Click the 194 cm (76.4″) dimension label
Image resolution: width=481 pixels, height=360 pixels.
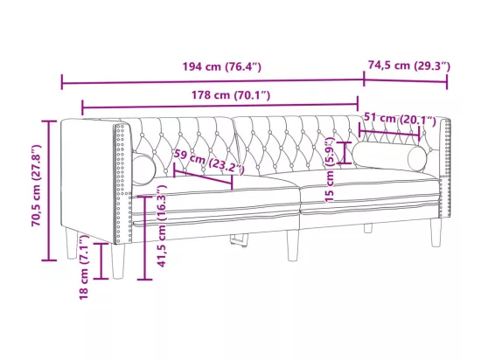coord(222,66)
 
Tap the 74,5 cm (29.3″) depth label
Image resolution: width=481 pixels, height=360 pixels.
coord(409,66)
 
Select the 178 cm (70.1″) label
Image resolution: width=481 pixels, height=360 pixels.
coord(231,95)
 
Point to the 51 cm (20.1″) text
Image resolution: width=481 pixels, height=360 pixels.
coord(400,119)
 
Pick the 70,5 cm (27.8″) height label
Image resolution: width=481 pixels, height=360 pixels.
coord(37,185)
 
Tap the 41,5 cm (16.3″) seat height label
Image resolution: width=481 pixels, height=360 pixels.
coord(162,225)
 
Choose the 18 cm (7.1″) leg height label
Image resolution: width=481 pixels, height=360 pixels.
coord(84,267)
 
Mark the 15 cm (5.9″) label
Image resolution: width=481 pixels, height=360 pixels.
coord(330,170)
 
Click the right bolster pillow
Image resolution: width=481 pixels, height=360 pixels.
coord(389,156)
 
